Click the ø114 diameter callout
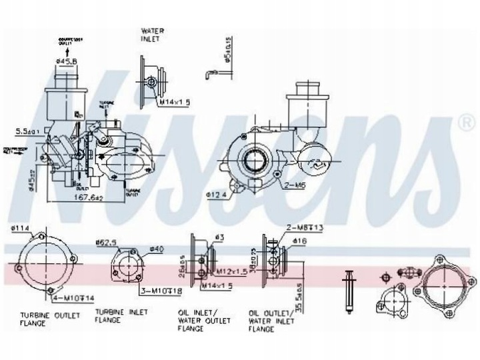click(20, 231)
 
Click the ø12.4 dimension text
click(217, 195)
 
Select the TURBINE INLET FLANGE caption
click(121, 315)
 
